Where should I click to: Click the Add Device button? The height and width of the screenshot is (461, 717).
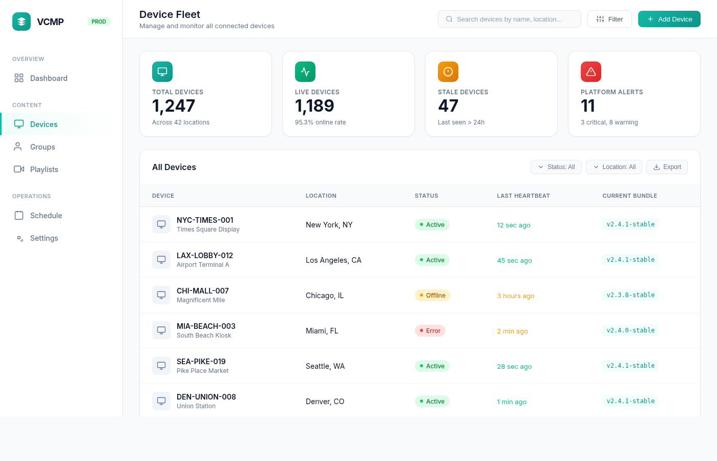click(x=669, y=19)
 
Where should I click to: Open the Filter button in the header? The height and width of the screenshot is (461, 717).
click(x=609, y=19)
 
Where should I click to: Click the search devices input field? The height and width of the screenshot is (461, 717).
click(x=509, y=19)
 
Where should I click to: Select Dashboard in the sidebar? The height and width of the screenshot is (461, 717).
click(x=49, y=78)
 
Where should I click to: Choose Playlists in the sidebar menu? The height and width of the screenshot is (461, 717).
click(x=44, y=170)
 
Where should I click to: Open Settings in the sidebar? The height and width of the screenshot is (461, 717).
click(x=44, y=238)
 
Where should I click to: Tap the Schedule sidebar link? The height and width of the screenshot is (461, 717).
click(x=46, y=216)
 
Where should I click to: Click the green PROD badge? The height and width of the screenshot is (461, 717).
click(x=99, y=22)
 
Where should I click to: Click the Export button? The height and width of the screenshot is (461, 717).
click(x=667, y=167)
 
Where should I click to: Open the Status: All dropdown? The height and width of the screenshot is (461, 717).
click(x=556, y=167)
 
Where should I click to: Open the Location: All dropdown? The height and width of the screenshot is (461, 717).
click(x=614, y=167)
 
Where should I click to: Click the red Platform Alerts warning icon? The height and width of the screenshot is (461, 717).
click(x=591, y=72)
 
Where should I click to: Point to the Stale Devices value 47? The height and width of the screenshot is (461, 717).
click(x=448, y=106)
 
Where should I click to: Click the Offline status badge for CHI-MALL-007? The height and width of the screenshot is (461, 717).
click(x=432, y=296)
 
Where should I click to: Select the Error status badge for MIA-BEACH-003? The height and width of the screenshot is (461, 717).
click(x=430, y=331)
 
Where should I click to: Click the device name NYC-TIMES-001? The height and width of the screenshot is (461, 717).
click(x=205, y=220)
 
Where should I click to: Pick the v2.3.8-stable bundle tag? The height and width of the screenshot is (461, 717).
click(x=630, y=295)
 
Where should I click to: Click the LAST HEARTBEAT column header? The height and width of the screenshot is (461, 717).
click(x=523, y=196)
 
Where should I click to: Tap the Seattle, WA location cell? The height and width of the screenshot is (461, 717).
click(x=325, y=366)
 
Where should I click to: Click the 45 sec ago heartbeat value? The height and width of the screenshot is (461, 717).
click(x=514, y=261)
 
